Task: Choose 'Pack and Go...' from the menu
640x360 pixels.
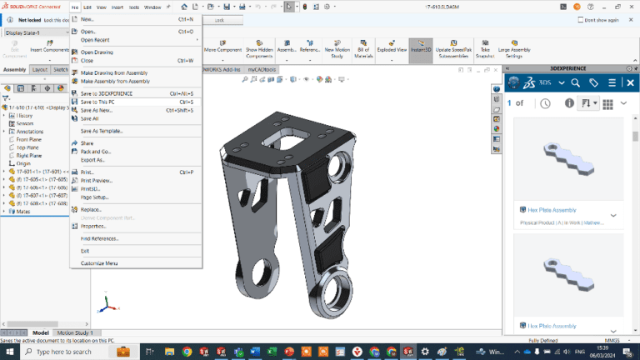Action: pyautogui.click(x=95, y=152)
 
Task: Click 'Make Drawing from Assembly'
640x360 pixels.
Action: pyautogui.click(x=115, y=73)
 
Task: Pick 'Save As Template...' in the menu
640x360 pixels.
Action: pyautogui.click(x=101, y=131)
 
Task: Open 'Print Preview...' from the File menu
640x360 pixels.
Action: pyautogui.click(x=97, y=181)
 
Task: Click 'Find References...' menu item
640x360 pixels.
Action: pyautogui.click(x=97, y=238)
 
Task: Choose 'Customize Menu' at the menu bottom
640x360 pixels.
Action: pyautogui.click(x=99, y=263)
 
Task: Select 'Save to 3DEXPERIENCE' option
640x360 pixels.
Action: pyautogui.click(x=106, y=93)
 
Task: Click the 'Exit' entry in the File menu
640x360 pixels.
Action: pyautogui.click(x=85, y=251)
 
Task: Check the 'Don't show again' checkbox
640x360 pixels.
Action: pyautogui.click(x=580, y=20)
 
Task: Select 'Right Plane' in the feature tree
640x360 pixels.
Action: pyautogui.click(x=29, y=155)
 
